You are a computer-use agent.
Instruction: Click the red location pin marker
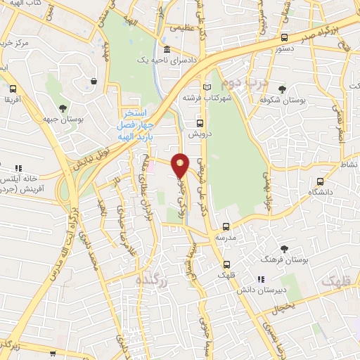tap(181, 165)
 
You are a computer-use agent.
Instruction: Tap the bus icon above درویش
tap(200, 124)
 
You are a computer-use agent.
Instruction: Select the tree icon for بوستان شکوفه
tap(283, 89)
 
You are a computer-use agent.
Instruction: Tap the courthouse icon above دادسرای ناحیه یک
tap(167, 50)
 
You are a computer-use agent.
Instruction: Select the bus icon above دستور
tap(284, 38)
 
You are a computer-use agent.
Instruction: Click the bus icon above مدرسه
tap(225, 226)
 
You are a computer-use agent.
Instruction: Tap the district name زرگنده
tap(152, 280)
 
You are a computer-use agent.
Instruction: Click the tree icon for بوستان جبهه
tap(63, 108)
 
